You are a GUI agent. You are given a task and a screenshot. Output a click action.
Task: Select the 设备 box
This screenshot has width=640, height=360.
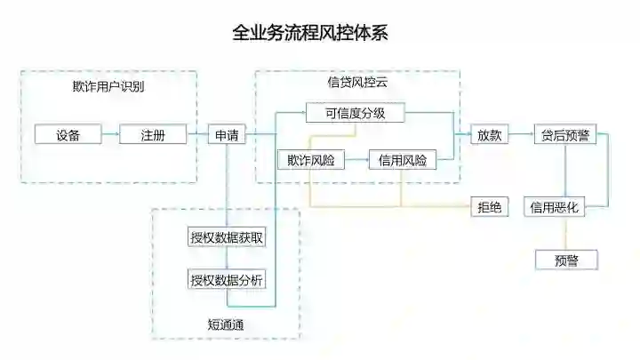(x=68, y=135)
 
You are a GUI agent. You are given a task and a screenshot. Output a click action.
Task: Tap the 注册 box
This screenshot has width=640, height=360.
(x=153, y=135)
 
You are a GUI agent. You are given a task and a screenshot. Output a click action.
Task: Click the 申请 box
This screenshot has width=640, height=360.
(x=227, y=135)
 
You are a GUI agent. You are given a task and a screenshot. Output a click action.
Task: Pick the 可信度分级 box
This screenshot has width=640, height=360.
(x=356, y=113)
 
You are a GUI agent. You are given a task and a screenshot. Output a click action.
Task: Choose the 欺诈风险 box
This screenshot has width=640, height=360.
(x=310, y=161)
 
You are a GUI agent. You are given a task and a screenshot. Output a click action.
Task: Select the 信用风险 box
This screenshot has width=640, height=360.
(x=402, y=161)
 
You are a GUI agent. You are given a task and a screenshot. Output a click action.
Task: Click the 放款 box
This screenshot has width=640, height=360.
(x=489, y=135)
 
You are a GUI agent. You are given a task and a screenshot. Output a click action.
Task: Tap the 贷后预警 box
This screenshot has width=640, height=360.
(x=565, y=135)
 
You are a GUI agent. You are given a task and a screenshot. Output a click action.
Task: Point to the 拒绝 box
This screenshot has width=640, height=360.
(x=489, y=207)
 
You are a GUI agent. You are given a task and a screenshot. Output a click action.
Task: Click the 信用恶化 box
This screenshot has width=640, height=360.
(x=555, y=207)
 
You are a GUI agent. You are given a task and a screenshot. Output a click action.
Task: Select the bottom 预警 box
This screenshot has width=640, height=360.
(x=565, y=260)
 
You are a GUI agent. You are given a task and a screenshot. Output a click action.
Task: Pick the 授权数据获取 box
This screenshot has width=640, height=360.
(x=227, y=237)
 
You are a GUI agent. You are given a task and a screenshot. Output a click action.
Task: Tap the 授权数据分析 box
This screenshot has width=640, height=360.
(x=227, y=279)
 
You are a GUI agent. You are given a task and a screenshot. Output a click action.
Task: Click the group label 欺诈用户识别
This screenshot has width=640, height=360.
(x=108, y=87)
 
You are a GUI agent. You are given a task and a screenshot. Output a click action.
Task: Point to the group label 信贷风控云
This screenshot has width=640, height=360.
(x=357, y=82)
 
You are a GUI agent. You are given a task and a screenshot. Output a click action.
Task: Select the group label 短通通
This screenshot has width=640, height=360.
(x=226, y=324)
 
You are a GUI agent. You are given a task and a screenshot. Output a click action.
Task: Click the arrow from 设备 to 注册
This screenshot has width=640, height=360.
(x=109, y=135)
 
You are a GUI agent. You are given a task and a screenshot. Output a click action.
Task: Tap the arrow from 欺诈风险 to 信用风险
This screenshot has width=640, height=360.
(x=356, y=161)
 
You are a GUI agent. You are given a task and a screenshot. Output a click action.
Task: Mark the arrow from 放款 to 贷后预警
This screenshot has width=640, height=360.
(x=520, y=135)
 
